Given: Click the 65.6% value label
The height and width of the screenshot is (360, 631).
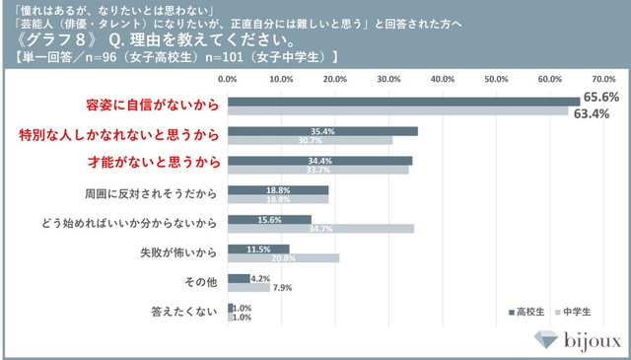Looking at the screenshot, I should point(600,97).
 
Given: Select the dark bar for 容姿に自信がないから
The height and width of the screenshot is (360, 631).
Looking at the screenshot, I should point(403,101).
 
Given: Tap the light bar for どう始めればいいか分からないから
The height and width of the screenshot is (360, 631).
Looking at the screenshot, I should point(321,229).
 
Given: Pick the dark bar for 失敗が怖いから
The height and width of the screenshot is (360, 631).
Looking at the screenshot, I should point(258,249).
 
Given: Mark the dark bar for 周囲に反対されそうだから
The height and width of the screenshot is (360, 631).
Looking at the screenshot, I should point(278,189).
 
